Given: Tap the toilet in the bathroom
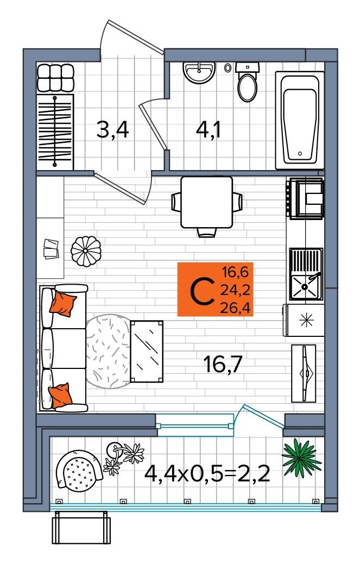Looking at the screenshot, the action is point(247,82).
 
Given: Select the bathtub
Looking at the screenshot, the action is point(300,120).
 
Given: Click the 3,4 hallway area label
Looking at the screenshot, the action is point(112,130).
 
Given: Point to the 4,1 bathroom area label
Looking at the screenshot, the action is point(209,130).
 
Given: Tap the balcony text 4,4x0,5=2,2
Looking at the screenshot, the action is point(207,475).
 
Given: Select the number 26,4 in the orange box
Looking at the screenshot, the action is point(235,308).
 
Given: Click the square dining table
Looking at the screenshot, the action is point(206,202).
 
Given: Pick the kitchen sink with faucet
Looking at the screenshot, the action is point(306,274).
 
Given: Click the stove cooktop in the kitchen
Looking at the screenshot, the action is point(305,198).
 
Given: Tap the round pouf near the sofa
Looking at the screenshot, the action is point(86,251).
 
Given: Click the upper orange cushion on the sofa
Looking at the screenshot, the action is point(63,303).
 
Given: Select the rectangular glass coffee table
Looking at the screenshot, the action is point(147,352).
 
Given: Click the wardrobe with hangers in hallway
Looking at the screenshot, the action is point(55,131).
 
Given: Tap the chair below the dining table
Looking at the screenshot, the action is point(206,233).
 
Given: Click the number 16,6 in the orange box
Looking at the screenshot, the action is point(235,272).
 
